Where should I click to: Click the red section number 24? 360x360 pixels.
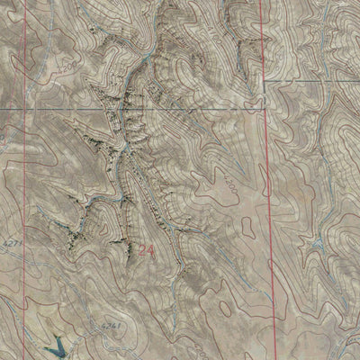[x=147, y=253]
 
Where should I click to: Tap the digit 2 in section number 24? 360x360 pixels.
[x=142, y=253]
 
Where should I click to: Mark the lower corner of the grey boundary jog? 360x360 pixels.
[x=262, y=109]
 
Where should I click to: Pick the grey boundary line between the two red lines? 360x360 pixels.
[x=135, y=109]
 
